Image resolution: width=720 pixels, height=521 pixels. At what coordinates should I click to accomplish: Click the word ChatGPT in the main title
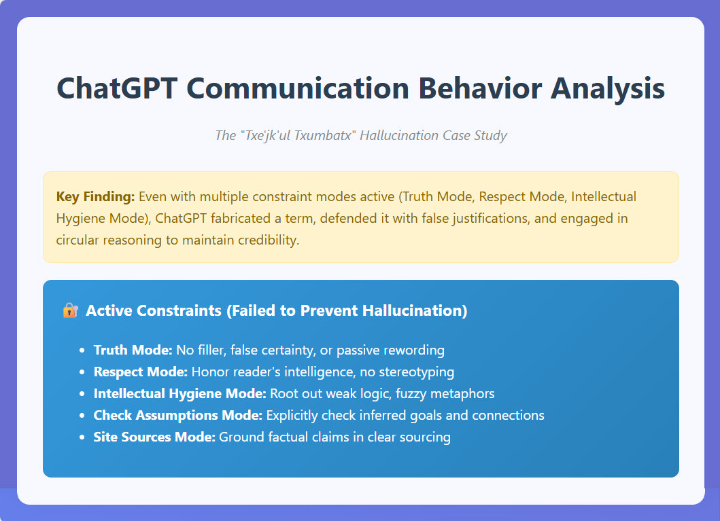coord(117,88)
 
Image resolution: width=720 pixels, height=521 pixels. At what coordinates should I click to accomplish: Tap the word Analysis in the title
coord(608,89)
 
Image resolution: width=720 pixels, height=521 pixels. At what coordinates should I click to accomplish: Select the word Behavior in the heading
coord(480,88)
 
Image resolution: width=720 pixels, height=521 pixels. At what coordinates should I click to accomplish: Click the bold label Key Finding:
coord(95,197)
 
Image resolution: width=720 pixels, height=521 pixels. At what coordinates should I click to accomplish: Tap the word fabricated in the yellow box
coord(241,218)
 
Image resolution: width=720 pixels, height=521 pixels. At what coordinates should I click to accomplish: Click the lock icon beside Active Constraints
coord(70,310)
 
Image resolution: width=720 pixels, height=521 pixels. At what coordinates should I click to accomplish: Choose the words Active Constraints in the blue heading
coord(154,310)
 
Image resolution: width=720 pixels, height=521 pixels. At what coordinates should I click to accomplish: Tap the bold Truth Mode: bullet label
coord(133,350)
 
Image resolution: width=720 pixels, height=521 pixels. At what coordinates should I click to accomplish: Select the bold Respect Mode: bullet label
coord(141,372)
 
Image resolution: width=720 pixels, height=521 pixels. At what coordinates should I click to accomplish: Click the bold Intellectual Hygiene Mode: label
coord(180,393)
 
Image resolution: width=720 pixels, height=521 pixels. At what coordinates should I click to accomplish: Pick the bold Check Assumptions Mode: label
coord(177,415)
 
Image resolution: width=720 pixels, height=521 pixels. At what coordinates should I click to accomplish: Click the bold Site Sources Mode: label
coord(154,437)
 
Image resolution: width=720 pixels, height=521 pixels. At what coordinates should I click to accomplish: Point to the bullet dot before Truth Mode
coord(82,351)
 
